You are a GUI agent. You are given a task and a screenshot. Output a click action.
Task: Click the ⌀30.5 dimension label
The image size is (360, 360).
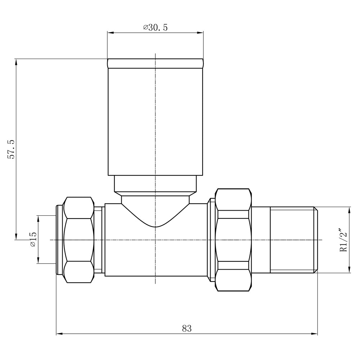pos(156,28)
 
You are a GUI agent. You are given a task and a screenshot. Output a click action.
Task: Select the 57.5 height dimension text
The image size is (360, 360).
pos(11,149)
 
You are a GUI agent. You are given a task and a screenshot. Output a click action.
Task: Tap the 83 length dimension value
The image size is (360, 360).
pos(186,329)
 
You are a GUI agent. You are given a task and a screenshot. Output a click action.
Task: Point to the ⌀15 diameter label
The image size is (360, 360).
pos(33,239)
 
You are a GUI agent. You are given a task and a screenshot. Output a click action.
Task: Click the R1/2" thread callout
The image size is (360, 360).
pos(344,240)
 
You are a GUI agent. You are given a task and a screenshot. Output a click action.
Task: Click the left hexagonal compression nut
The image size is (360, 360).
pos(79,240)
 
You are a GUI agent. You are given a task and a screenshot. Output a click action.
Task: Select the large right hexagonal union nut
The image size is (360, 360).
pos(233,240)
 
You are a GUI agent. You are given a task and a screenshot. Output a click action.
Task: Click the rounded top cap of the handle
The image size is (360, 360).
pos(156,63)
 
